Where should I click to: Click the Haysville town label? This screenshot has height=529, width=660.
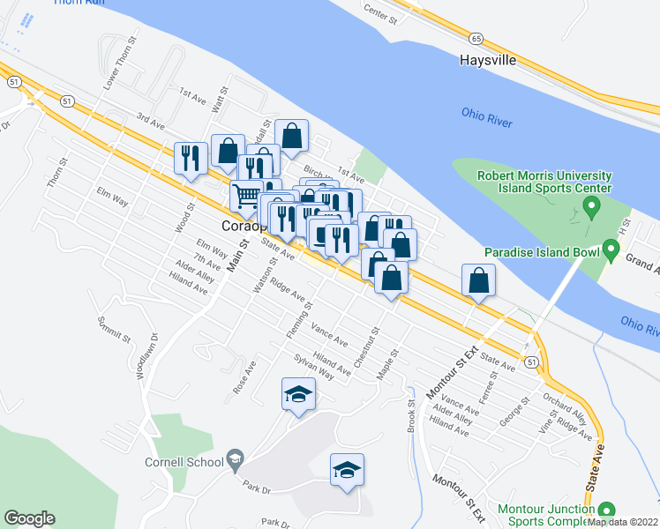pyautogui.click(x=486, y=61)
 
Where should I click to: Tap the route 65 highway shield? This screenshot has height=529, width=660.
pyautogui.click(x=476, y=38)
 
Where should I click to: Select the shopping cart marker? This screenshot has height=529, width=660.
pyautogui.click(x=246, y=196)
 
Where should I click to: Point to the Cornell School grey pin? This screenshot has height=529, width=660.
pyautogui.click(x=235, y=458)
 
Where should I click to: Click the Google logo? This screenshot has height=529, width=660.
pyautogui.click(x=29, y=518)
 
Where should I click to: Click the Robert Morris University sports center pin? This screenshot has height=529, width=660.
pyautogui.click(x=591, y=208)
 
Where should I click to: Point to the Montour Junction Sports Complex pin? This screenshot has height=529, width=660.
pyautogui.click(x=605, y=510)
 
